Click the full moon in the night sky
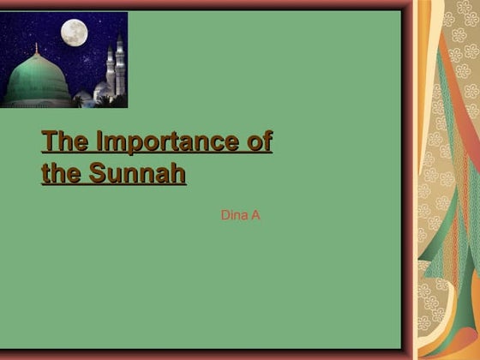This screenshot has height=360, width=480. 74,33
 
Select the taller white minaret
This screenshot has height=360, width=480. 120,65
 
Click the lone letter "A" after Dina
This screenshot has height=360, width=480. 255,215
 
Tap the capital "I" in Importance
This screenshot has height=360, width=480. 99,141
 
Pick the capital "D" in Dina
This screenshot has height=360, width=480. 225,215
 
